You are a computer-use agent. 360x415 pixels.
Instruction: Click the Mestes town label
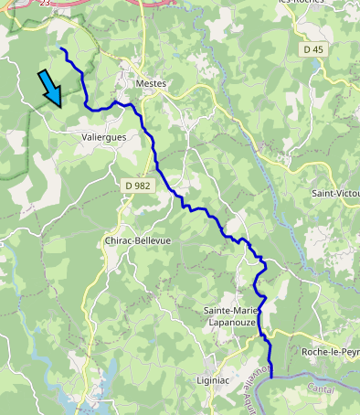(x=151, y=83)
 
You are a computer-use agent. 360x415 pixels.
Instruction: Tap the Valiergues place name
(x=103, y=137)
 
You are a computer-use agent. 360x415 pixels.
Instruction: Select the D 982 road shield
(x=137, y=186)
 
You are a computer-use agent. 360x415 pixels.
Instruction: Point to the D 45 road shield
(x=313, y=49)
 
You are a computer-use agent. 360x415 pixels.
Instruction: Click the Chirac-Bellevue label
(x=138, y=240)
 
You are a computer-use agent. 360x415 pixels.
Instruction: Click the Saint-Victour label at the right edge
(x=335, y=194)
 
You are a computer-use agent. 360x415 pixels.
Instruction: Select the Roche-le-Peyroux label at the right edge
(x=330, y=351)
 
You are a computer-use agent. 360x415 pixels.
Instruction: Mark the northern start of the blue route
(x=61, y=48)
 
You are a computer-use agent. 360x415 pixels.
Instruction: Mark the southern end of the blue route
(x=271, y=375)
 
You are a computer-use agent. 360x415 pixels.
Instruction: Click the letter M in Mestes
(x=138, y=83)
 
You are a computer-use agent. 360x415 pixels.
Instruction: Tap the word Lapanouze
(x=235, y=323)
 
